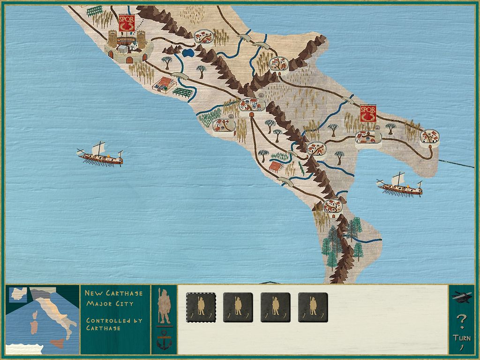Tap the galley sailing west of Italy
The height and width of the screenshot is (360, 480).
(x=100, y=154)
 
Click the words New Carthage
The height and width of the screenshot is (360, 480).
(x=113, y=293)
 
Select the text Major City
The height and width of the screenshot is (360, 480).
(x=110, y=303)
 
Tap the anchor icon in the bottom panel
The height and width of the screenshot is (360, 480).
(x=164, y=339)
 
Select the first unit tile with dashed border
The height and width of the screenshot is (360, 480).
(x=201, y=307)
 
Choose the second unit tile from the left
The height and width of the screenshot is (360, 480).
(x=238, y=307)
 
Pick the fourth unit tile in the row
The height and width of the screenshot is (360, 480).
(x=313, y=307)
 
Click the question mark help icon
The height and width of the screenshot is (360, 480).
(x=462, y=322)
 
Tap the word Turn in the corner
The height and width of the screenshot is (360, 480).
(x=462, y=337)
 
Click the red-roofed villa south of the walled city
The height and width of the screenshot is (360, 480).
(x=164, y=85)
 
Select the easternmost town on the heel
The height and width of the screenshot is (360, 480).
(x=429, y=136)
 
